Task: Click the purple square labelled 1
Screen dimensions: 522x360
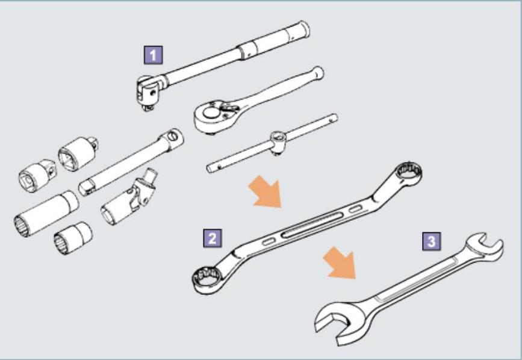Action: click(x=154, y=55)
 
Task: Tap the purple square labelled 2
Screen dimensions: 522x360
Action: click(x=213, y=238)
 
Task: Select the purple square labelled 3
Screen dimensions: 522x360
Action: click(x=432, y=241)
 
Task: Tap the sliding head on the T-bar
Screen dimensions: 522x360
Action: click(x=278, y=141)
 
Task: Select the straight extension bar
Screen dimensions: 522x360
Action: click(x=131, y=162)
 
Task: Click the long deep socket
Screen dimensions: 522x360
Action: click(x=46, y=214)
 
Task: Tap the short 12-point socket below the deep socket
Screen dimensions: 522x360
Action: click(x=73, y=238)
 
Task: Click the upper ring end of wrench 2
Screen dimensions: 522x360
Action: click(x=408, y=173)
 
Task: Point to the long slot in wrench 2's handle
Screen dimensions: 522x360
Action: click(x=312, y=225)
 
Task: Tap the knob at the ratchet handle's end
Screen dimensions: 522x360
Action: click(x=318, y=72)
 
